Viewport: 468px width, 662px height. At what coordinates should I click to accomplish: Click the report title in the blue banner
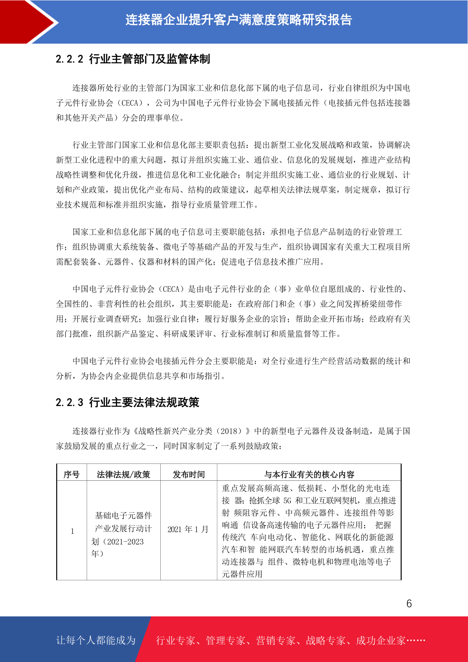click(239, 20)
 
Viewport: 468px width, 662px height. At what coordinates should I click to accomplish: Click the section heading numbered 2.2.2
click(133, 59)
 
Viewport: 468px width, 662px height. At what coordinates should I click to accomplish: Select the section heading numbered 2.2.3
click(127, 403)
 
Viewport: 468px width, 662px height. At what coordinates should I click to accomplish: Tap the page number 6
click(409, 604)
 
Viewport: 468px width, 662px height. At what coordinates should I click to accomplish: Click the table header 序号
click(72, 474)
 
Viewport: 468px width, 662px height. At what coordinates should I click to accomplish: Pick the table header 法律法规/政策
click(123, 474)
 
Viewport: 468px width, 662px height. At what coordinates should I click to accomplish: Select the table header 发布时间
click(189, 474)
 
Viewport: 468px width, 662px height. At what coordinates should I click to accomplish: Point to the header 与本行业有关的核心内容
click(309, 474)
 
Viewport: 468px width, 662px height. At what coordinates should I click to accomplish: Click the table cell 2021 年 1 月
click(188, 530)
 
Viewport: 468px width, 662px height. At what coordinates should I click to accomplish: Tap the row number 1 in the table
click(72, 531)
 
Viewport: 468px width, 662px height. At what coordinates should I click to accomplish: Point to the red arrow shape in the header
click(29, 22)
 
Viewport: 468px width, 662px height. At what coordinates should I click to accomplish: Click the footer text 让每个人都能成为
click(96, 640)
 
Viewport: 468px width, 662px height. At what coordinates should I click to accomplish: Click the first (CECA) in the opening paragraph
click(130, 103)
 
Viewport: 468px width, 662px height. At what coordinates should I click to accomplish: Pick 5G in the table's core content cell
click(287, 500)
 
